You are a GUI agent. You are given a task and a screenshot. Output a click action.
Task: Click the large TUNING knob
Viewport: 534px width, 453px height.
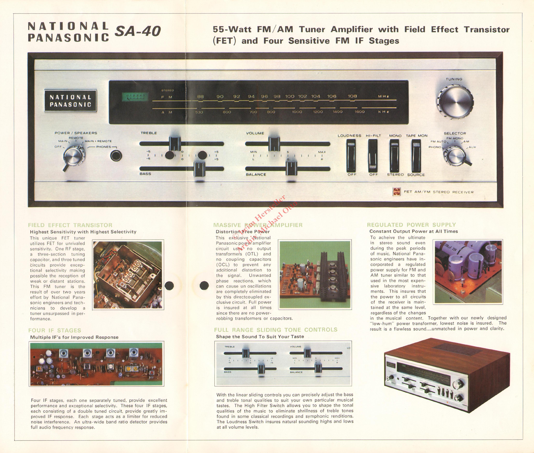pyautogui.click(x=455, y=102)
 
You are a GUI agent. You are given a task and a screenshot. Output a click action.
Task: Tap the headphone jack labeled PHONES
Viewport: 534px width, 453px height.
pyautogui.click(x=116, y=156)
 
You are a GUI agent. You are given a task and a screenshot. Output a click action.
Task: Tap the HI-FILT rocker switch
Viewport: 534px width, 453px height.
pyautogui.click(x=373, y=156)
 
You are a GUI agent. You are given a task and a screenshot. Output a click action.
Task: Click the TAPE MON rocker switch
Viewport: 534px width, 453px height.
pyautogui.click(x=416, y=156)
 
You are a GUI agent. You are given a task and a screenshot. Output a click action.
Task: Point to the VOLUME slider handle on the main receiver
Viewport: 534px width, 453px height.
pyautogui.click(x=274, y=144)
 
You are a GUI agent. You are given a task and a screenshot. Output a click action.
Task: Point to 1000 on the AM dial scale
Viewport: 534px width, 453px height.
pyautogui.click(x=297, y=112)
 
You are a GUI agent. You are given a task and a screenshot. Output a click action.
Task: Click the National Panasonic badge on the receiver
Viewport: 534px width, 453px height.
pyautogui.click(x=70, y=101)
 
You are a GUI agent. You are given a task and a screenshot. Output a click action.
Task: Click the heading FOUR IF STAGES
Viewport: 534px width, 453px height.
pyautogui.click(x=55, y=330)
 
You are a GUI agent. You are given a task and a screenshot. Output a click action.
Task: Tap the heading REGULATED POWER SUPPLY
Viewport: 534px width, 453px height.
pyautogui.click(x=411, y=225)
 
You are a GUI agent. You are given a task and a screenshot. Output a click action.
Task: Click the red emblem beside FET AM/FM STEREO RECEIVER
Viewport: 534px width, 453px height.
pyautogui.click(x=396, y=192)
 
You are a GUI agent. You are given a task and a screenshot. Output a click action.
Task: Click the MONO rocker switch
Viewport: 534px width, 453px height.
pyautogui.click(x=395, y=156)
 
